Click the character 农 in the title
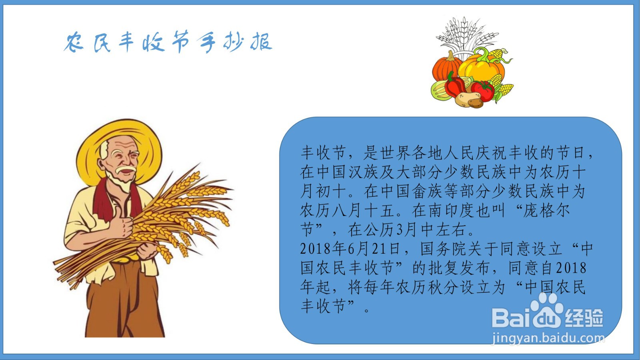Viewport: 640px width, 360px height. click(x=74, y=42)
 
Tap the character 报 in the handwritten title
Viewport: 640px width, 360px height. click(x=261, y=42)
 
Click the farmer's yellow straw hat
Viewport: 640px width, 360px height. click(x=120, y=148)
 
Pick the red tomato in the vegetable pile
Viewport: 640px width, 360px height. click(x=482, y=91)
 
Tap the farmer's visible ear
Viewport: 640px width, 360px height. click(x=100, y=165)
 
